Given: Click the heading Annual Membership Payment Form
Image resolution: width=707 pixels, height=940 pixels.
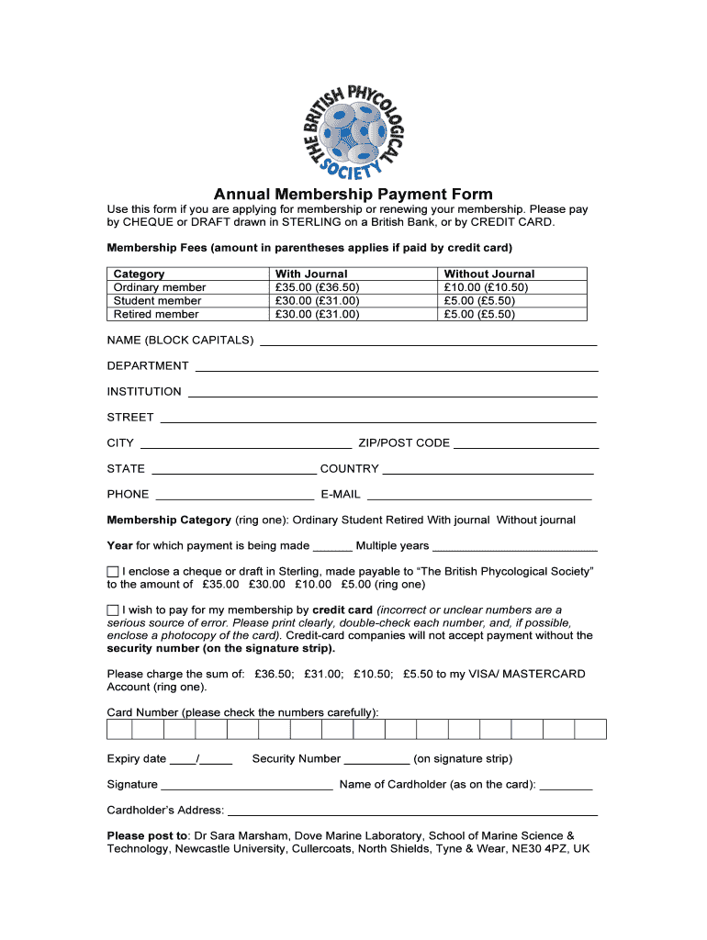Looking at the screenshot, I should tap(353, 195).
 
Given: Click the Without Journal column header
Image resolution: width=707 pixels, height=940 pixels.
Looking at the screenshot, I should tap(488, 274).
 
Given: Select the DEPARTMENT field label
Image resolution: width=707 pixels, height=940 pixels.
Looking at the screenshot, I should tap(148, 365).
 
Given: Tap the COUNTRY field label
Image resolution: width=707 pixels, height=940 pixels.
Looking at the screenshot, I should tap(349, 468).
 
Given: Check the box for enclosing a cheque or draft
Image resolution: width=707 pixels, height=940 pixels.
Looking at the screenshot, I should tap(113, 572).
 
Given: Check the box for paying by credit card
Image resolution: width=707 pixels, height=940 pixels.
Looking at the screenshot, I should tap(113, 610).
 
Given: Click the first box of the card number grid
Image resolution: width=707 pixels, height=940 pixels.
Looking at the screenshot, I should tap(119, 729).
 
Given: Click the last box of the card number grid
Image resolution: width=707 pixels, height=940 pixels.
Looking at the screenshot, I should tap(590, 729).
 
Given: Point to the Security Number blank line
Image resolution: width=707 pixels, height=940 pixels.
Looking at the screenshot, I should tap(376, 762).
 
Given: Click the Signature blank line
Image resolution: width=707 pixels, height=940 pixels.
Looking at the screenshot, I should tap(246, 788).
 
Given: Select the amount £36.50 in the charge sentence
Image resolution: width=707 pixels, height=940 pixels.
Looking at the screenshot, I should tap(275, 674).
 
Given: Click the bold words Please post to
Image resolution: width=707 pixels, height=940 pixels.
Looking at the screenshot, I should tap(147, 835).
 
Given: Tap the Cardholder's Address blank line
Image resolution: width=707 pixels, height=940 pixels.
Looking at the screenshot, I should tap(412, 813).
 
